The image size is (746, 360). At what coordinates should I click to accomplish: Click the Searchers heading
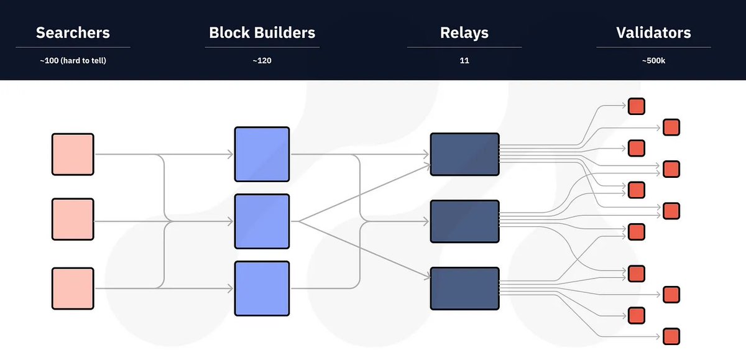point(73,32)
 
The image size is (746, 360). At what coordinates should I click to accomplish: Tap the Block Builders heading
point(262,32)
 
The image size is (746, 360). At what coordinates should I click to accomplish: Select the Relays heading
point(464,33)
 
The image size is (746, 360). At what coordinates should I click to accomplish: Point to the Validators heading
point(653,32)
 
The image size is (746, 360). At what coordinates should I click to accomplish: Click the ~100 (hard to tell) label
point(73,60)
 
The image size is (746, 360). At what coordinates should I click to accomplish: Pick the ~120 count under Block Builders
point(262,60)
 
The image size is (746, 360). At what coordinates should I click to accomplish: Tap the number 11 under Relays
point(464,60)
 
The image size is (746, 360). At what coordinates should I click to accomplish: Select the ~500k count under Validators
point(653,60)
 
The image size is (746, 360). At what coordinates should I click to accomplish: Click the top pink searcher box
point(73,154)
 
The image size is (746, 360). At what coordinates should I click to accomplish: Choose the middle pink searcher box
point(73,219)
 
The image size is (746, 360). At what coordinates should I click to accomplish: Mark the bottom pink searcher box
point(73,288)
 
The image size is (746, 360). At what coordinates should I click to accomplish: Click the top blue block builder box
point(262,154)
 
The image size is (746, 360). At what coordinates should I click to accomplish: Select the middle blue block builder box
point(262,221)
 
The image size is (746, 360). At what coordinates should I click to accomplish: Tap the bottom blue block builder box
point(262,288)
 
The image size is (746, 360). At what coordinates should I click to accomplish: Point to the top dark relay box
point(464,154)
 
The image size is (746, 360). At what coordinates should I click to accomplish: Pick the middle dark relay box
point(464,221)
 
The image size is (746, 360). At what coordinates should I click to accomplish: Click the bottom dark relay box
point(464,288)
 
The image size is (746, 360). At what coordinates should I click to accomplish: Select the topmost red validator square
point(637,106)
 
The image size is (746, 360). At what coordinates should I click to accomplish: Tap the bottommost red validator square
point(671,336)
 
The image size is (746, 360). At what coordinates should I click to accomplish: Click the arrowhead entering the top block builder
point(230,154)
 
